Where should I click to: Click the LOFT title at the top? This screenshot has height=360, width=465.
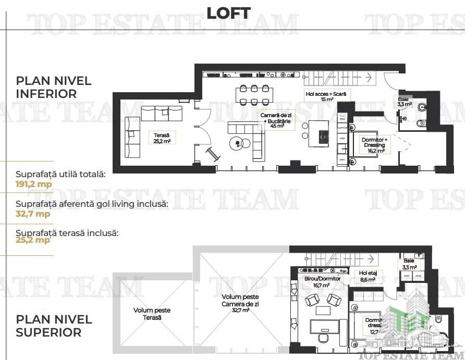click(x=228, y=13)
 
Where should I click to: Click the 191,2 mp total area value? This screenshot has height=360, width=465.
click(x=33, y=183)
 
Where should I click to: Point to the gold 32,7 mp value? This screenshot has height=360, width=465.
click(x=33, y=214)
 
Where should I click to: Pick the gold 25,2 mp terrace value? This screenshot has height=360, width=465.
click(x=33, y=240)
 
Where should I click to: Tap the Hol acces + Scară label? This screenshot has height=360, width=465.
click(x=327, y=95)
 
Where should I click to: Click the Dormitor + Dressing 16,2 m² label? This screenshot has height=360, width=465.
click(x=375, y=145)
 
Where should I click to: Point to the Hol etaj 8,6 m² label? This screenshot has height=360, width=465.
click(x=371, y=276)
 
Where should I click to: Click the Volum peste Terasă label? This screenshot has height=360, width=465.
click(x=151, y=314)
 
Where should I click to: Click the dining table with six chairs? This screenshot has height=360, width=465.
click(x=254, y=94)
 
